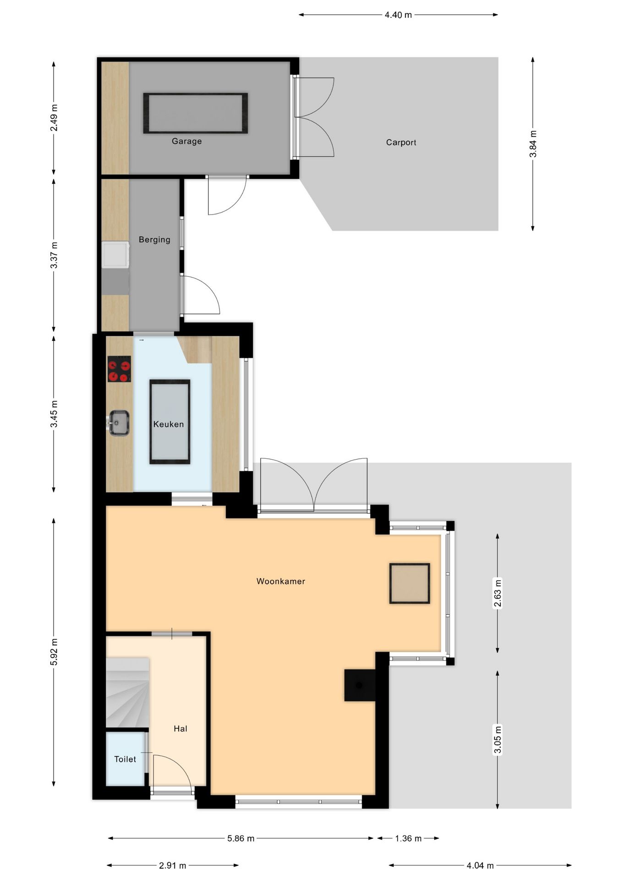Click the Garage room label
186,141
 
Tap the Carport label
401,143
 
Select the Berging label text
154,240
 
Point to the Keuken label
169,424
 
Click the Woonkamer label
281,581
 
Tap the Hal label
180,729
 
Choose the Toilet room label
125,759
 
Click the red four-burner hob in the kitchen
119,369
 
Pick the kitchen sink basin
119,423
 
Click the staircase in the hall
128,693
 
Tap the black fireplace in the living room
360,685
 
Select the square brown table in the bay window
409,583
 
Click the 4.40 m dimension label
398,15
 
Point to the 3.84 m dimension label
533,144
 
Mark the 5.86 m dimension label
241,838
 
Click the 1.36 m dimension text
408,838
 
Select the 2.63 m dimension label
498,593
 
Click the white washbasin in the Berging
115,255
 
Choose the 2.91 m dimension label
173,865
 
